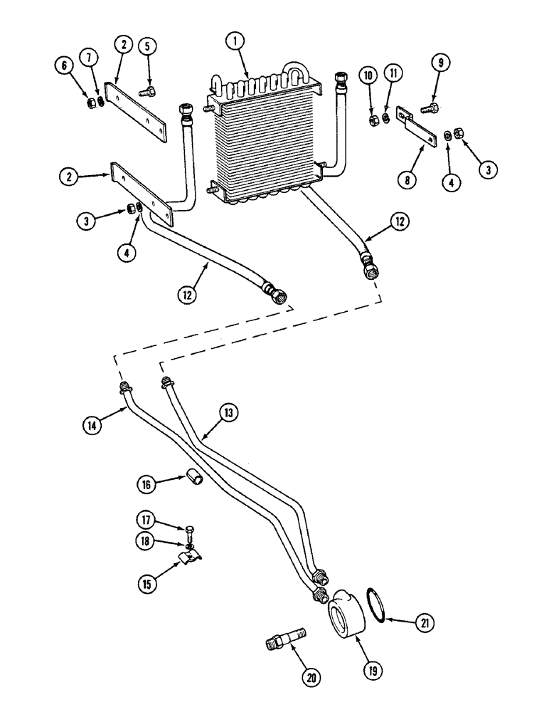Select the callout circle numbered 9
pyautogui.click(x=441, y=63)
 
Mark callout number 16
pyautogui.click(x=146, y=486)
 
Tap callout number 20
pyautogui.click(x=310, y=679)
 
